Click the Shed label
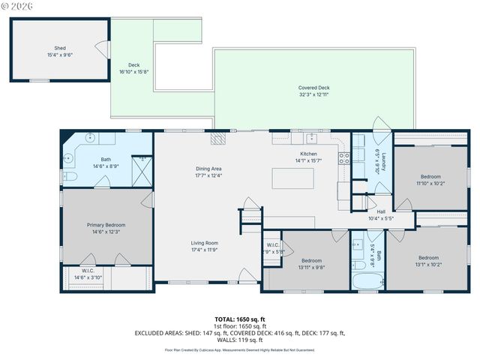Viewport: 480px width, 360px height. point(60,47)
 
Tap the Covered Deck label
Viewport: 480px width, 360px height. point(313,88)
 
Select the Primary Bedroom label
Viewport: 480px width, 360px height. point(106,225)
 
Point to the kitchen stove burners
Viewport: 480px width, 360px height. point(344,158)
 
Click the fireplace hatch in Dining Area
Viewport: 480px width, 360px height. point(217,138)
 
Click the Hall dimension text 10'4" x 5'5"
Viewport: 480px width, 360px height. point(380,218)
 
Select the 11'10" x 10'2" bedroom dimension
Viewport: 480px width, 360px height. point(430,182)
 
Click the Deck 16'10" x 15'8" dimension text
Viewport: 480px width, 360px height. point(134,71)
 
